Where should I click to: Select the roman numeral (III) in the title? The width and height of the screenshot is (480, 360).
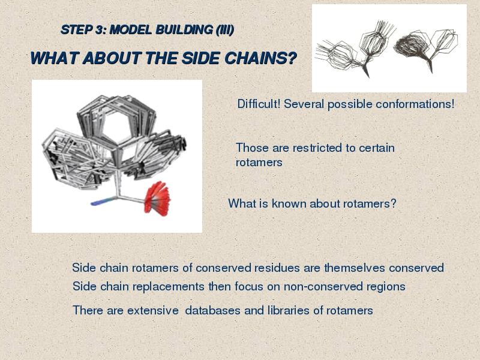224,29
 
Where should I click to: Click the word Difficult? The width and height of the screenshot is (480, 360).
259,104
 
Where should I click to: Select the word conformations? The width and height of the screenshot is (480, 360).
415,104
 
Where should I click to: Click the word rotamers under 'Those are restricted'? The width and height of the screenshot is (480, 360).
259,163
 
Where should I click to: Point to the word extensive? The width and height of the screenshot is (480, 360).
153,310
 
